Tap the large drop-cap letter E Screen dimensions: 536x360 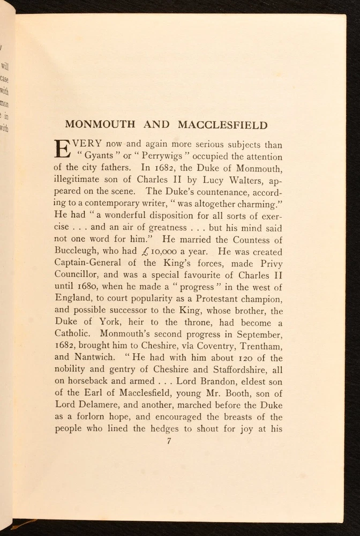tap(63, 150)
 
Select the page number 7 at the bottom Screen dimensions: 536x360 tap(169, 441)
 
